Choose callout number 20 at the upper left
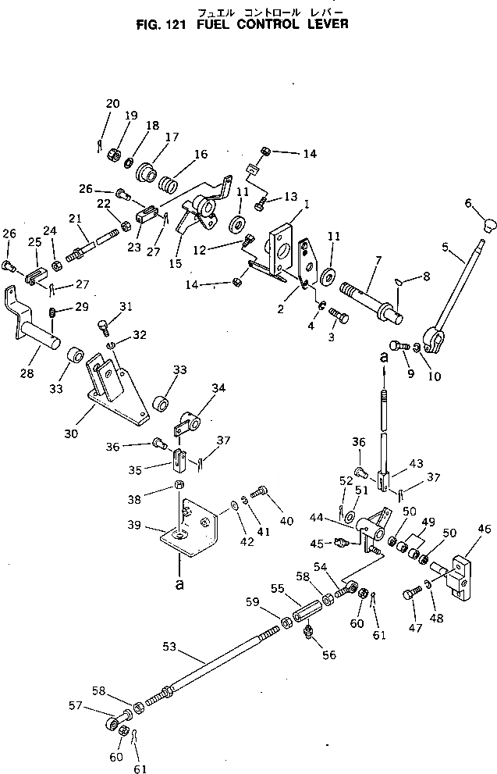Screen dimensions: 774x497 (112, 104)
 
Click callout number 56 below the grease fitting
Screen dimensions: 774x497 (329, 655)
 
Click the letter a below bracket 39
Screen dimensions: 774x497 (180, 583)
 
